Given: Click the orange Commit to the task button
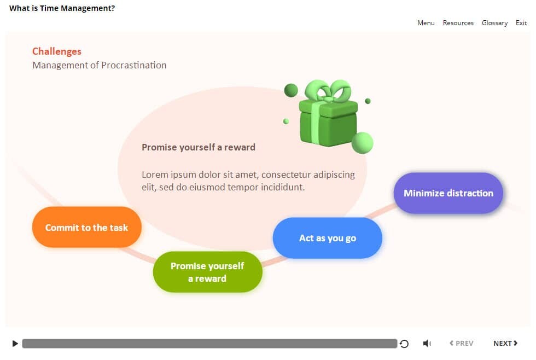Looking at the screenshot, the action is pyautogui.click(x=87, y=227).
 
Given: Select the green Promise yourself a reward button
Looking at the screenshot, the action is pyautogui.click(x=207, y=272).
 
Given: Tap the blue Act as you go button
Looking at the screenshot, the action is pyautogui.click(x=328, y=238).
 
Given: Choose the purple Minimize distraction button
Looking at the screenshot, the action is pyautogui.click(x=448, y=193).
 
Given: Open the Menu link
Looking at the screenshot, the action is pyautogui.click(x=426, y=23).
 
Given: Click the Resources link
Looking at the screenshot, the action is pyautogui.click(x=458, y=23).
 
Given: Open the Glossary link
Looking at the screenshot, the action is pyautogui.click(x=494, y=23).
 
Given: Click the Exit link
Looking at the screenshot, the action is pyautogui.click(x=521, y=23).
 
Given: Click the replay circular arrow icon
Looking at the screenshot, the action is pyautogui.click(x=404, y=344).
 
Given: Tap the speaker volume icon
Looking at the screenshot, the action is pyautogui.click(x=427, y=343).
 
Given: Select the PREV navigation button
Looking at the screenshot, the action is pyautogui.click(x=462, y=343).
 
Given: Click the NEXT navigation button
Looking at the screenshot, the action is pyautogui.click(x=505, y=343).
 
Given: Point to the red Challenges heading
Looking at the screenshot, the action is pyautogui.click(x=57, y=51).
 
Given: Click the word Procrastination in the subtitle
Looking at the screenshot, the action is pyautogui.click(x=134, y=65).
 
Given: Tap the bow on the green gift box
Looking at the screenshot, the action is pyautogui.click(x=328, y=90).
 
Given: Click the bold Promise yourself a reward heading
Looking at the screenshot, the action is pyautogui.click(x=198, y=147).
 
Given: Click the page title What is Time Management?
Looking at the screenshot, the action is pyautogui.click(x=62, y=8).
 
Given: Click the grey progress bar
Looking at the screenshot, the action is pyautogui.click(x=209, y=344).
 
